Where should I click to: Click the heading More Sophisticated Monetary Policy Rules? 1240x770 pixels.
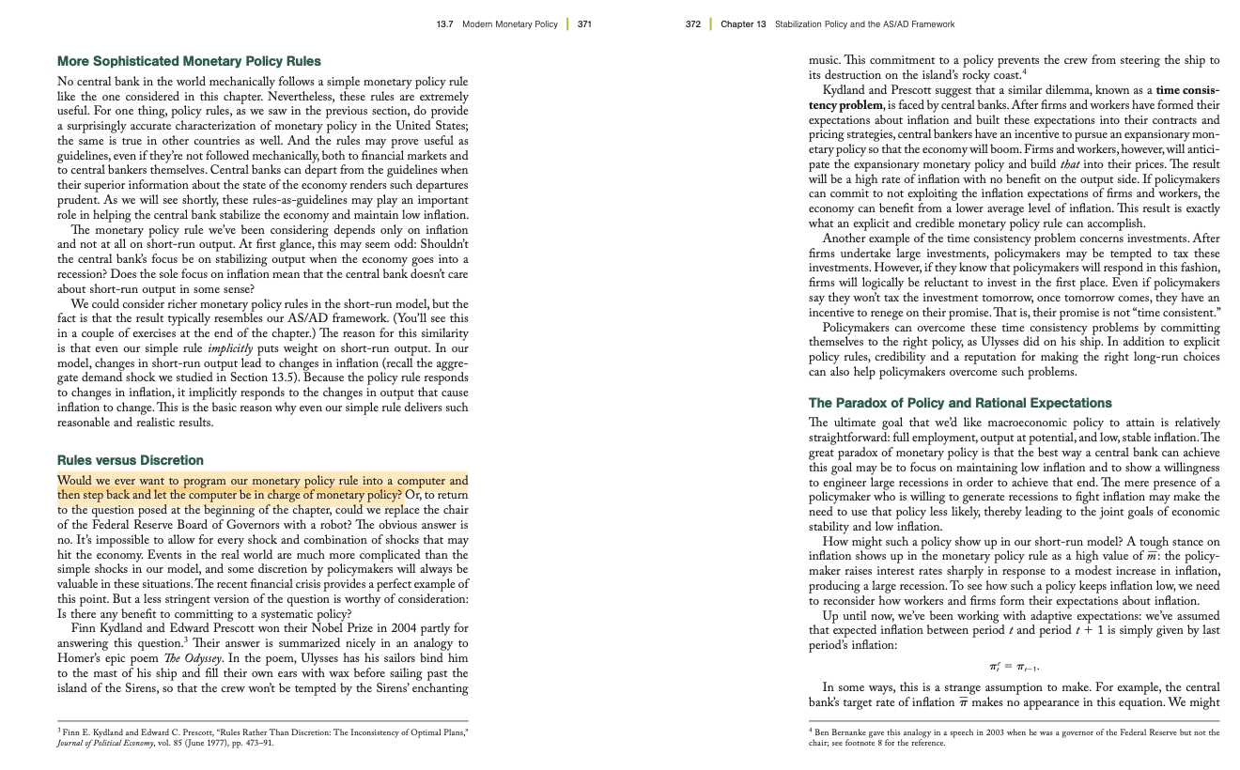pos(189,61)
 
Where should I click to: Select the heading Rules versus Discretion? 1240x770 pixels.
pos(131,460)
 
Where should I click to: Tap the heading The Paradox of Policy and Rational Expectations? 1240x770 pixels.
pos(960,403)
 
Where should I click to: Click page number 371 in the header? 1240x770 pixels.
pos(584,23)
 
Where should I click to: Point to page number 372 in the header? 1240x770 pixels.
pos(693,23)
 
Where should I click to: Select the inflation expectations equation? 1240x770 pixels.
pos(1014,667)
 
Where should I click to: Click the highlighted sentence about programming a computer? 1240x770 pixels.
pos(262,487)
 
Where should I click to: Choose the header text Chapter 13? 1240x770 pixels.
pos(743,23)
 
